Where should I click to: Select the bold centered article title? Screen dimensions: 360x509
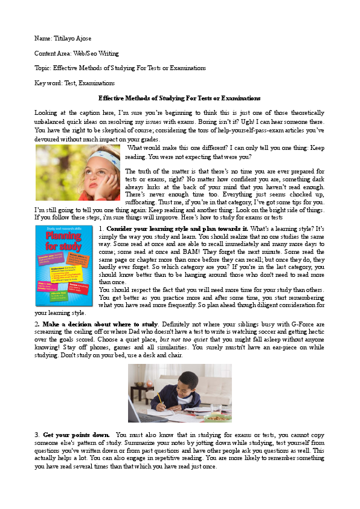[179, 97]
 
